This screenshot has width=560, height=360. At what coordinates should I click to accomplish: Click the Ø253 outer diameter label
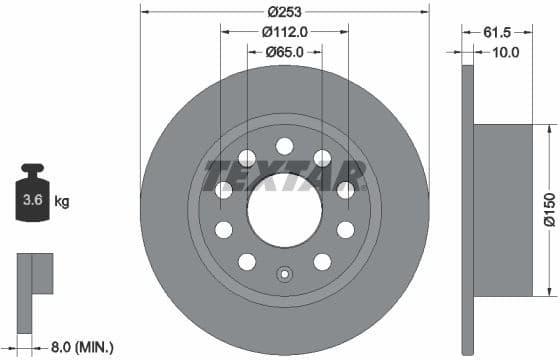285,12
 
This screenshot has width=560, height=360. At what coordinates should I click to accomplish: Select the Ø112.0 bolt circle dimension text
285,32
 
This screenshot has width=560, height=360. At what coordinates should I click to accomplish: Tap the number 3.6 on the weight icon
33,201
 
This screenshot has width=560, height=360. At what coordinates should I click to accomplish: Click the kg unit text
62,202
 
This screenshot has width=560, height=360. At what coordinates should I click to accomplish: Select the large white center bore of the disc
285,210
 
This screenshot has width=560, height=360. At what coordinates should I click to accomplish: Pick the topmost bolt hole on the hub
285,145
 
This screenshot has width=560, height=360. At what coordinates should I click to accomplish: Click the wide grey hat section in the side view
505,210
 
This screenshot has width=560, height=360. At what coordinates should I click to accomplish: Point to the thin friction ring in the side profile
467,210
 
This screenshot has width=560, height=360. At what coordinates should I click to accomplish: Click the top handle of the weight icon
33,170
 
